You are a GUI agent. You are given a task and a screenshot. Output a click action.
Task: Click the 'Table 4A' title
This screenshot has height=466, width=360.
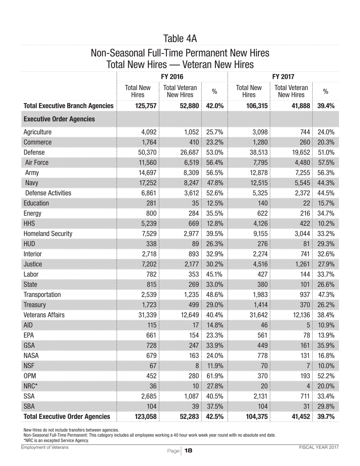[180, 38]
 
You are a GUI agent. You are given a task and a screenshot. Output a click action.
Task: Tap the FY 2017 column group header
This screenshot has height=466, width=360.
[283, 77]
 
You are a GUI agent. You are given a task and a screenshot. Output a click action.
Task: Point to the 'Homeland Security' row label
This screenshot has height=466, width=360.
[48, 234]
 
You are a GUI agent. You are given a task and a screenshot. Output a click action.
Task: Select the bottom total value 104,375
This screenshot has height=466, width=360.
[256, 417]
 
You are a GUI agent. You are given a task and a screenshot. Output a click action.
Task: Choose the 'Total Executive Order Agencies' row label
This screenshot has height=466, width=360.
[67, 417]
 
